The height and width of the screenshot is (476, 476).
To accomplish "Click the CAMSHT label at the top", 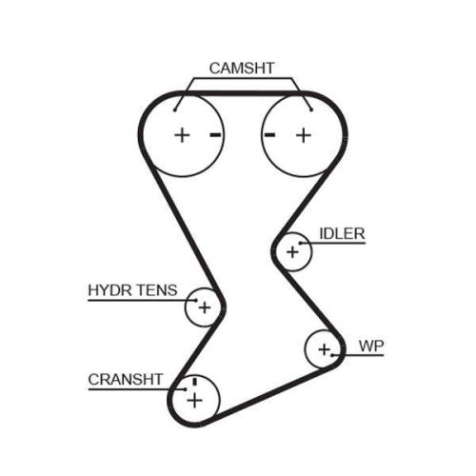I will click(242, 68).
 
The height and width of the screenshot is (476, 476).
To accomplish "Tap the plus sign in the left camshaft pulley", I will click(182, 135).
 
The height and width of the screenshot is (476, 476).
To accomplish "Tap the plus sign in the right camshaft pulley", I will click(303, 135).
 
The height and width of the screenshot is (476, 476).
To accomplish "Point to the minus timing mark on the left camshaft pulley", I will click(215, 135).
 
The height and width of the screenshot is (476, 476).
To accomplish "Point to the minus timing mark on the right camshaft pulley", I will click(270, 135).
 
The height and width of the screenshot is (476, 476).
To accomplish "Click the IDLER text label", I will click(342, 232).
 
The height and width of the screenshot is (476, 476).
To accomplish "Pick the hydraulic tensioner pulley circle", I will click(203, 307).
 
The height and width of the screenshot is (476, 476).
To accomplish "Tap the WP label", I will click(370, 345).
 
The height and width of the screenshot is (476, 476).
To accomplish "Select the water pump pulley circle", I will click(323, 348).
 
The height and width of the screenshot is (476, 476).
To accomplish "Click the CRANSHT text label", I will click(126, 378).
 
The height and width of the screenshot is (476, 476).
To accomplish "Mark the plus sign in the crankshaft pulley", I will click(194, 400).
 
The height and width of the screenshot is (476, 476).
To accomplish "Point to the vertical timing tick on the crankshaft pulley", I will click(194, 383).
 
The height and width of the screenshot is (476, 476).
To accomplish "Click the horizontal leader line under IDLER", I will click(338, 245).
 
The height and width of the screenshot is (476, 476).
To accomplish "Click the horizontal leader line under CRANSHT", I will click(129, 388).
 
